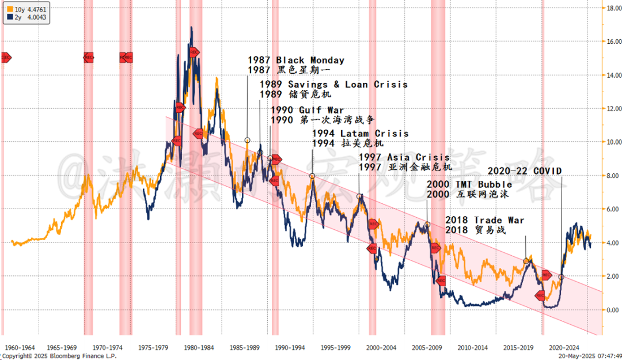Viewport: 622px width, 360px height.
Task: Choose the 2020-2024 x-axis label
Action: point(564,347)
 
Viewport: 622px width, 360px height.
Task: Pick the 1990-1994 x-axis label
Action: point(290,347)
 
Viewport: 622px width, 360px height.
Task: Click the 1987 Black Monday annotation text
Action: point(296,60)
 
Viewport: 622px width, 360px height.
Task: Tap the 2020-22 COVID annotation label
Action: point(524,170)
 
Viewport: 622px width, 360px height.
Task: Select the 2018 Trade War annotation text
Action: point(484,220)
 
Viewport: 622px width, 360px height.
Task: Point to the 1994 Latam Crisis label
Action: point(361,133)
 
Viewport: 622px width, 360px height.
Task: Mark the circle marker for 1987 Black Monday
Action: point(248,140)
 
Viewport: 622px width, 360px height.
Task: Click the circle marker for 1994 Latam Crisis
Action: point(313,176)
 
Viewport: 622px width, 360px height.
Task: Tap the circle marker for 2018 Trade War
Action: point(526,262)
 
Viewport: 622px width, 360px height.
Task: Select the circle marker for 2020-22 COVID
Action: point(561,277)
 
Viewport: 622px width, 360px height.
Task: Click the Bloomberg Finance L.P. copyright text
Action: point(60,357)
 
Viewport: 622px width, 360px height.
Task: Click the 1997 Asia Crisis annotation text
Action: point(404,157)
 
